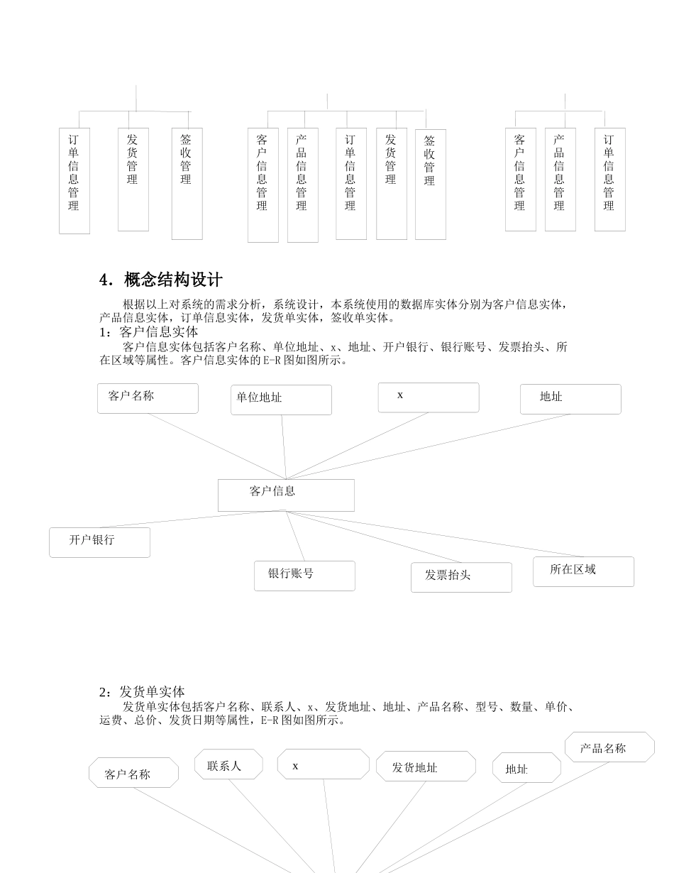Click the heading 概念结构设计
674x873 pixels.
tap(172, 280)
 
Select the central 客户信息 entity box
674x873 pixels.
tap(286, 495)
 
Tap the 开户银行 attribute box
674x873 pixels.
tap(99, 542)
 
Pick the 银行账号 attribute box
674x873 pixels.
tap(304, 576)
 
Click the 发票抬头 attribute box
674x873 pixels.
tap(461, 577)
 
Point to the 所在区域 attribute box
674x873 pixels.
tap(583, 571)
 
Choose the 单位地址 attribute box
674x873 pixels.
tap(281, 400)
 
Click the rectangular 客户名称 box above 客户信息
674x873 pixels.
tap(148, 398)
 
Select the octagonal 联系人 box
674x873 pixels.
tap(228, 764)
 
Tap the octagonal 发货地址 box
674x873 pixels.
tap(426, 767)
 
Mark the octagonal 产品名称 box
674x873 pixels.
tap(609, 747)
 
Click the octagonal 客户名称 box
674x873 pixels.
tap(133, 772)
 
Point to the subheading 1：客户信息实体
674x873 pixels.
tap(149, 332)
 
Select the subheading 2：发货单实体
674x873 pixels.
tap(142, 691)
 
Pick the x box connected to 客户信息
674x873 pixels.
tap(429, 397)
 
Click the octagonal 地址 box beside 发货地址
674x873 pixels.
tap(526, 768)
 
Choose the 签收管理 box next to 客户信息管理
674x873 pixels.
tap(430, 185)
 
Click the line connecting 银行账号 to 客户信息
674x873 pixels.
tap(296, 537)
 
